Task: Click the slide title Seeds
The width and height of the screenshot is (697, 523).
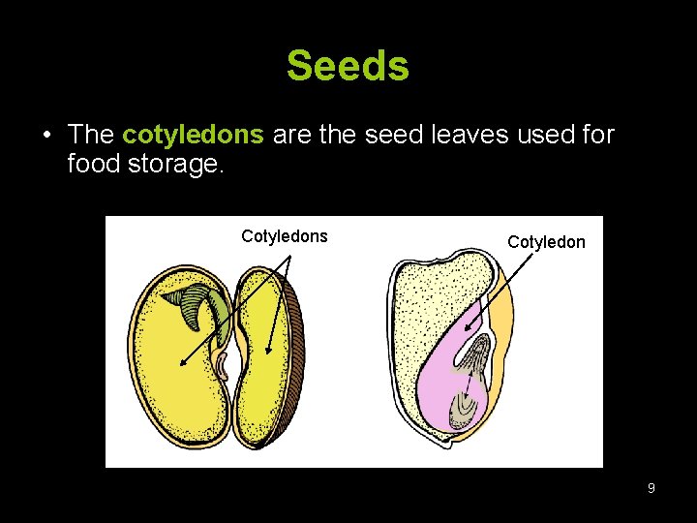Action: click(x=348, y=67)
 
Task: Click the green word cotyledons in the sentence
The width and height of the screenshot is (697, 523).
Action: click(x=193, y=135)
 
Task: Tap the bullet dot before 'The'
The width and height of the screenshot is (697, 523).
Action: click(x=45, y=135)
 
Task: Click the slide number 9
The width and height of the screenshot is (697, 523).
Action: click(x=651, y=488)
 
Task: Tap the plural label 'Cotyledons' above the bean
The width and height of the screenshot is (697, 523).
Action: click(x=284, y=236)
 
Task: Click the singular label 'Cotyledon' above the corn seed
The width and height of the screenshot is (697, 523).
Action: click(x=546, y=242)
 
